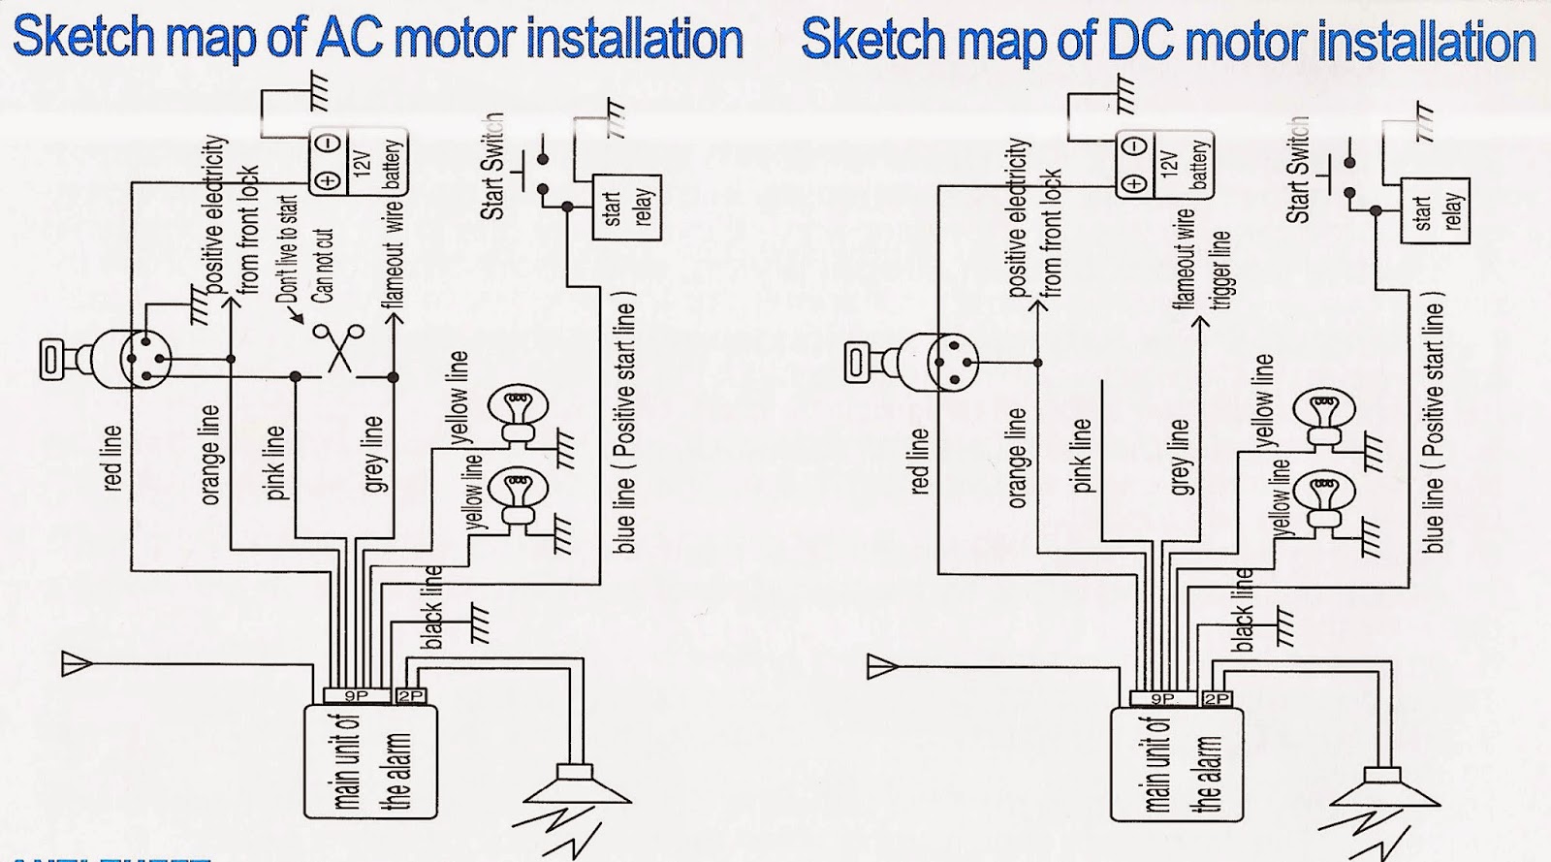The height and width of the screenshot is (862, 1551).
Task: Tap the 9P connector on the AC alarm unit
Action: click(357, 695)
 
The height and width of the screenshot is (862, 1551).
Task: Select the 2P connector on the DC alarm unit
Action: click(1218, 698)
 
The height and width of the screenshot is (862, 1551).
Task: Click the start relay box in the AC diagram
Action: click(626, 208)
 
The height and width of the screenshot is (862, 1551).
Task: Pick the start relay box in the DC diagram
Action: click(1436, 211)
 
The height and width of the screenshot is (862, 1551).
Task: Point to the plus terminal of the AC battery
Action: click(328, 180)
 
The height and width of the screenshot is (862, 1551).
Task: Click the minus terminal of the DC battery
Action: click(1134, 146)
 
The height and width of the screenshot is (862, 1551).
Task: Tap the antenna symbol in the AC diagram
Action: click(77, 663)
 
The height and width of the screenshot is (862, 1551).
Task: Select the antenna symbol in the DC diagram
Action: click(883, 667)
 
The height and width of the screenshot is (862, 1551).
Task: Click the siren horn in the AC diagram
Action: click(577, 785)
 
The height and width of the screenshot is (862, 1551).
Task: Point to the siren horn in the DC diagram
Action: click(1385, 789)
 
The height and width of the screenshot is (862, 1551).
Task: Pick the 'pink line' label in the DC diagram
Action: click(1081, 456)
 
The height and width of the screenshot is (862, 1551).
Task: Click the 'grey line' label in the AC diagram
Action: click(373, 454)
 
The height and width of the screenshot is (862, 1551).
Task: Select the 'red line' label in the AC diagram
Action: click(111, 458)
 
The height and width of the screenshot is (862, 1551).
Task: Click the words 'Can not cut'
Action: click(323, 266)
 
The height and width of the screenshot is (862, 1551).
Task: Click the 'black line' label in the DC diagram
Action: click(1244, 610)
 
